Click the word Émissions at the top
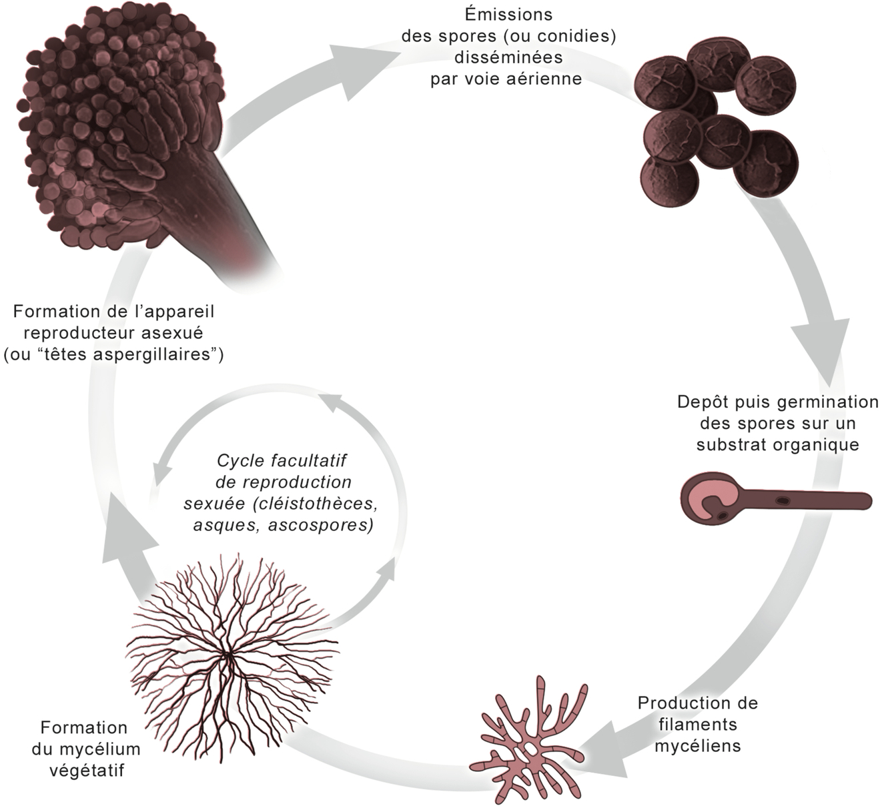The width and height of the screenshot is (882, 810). point(508,14)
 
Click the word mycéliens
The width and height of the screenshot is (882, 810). point(697,745)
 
